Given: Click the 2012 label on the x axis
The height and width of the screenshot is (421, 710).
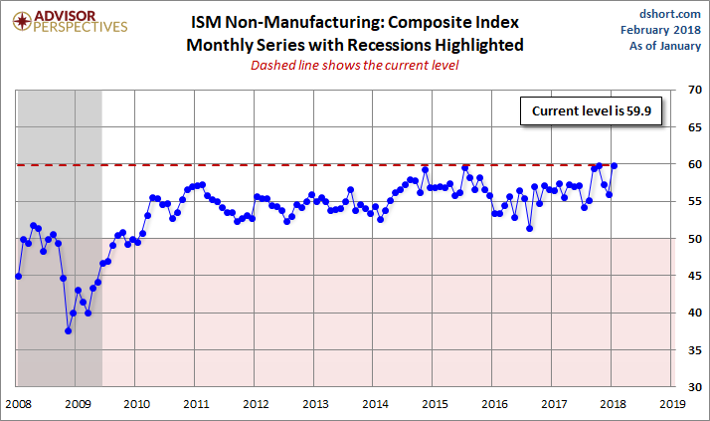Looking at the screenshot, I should pyautogui.click(x=256, y=404).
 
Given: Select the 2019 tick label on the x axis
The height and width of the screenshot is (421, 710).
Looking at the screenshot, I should pyautogui.click(x=672, y=404).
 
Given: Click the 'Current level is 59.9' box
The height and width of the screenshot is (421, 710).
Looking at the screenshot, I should pyautogui.click(x=589, y=111).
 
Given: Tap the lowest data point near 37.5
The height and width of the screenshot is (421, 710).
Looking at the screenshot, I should pyautogui.click(x=69, y=330).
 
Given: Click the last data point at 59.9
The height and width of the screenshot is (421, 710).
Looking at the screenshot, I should pyautogui.click(x=615, y=165).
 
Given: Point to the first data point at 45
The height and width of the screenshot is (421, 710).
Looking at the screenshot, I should pyautogui.click(x=18, y=276).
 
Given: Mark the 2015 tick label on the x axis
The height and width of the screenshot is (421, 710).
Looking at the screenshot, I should pyautogui.click(x=434, y=404).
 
